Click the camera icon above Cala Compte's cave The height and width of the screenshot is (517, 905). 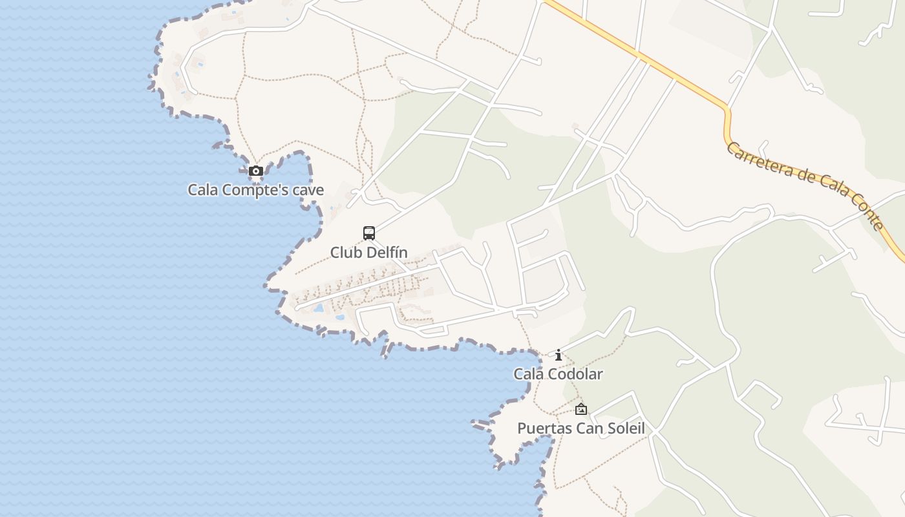tap(256, 171)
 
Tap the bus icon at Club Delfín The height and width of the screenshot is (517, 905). tap(369, 233)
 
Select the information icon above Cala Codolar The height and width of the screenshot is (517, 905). tap(559, 355)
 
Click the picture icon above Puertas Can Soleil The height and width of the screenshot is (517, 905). tap(581, 409)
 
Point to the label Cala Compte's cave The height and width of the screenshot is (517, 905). tap(255, 190)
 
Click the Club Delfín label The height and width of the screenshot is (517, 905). tap(368, 252)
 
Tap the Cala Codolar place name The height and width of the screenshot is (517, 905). tap(558, 374)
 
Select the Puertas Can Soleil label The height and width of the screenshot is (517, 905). tap(580, 428)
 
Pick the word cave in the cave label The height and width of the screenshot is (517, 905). tap(309, 190)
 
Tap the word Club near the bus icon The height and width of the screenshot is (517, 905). tap(346, 252)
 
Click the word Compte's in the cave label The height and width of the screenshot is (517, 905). tap(253, 190)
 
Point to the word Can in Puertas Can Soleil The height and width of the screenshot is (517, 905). tap(588, 428)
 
